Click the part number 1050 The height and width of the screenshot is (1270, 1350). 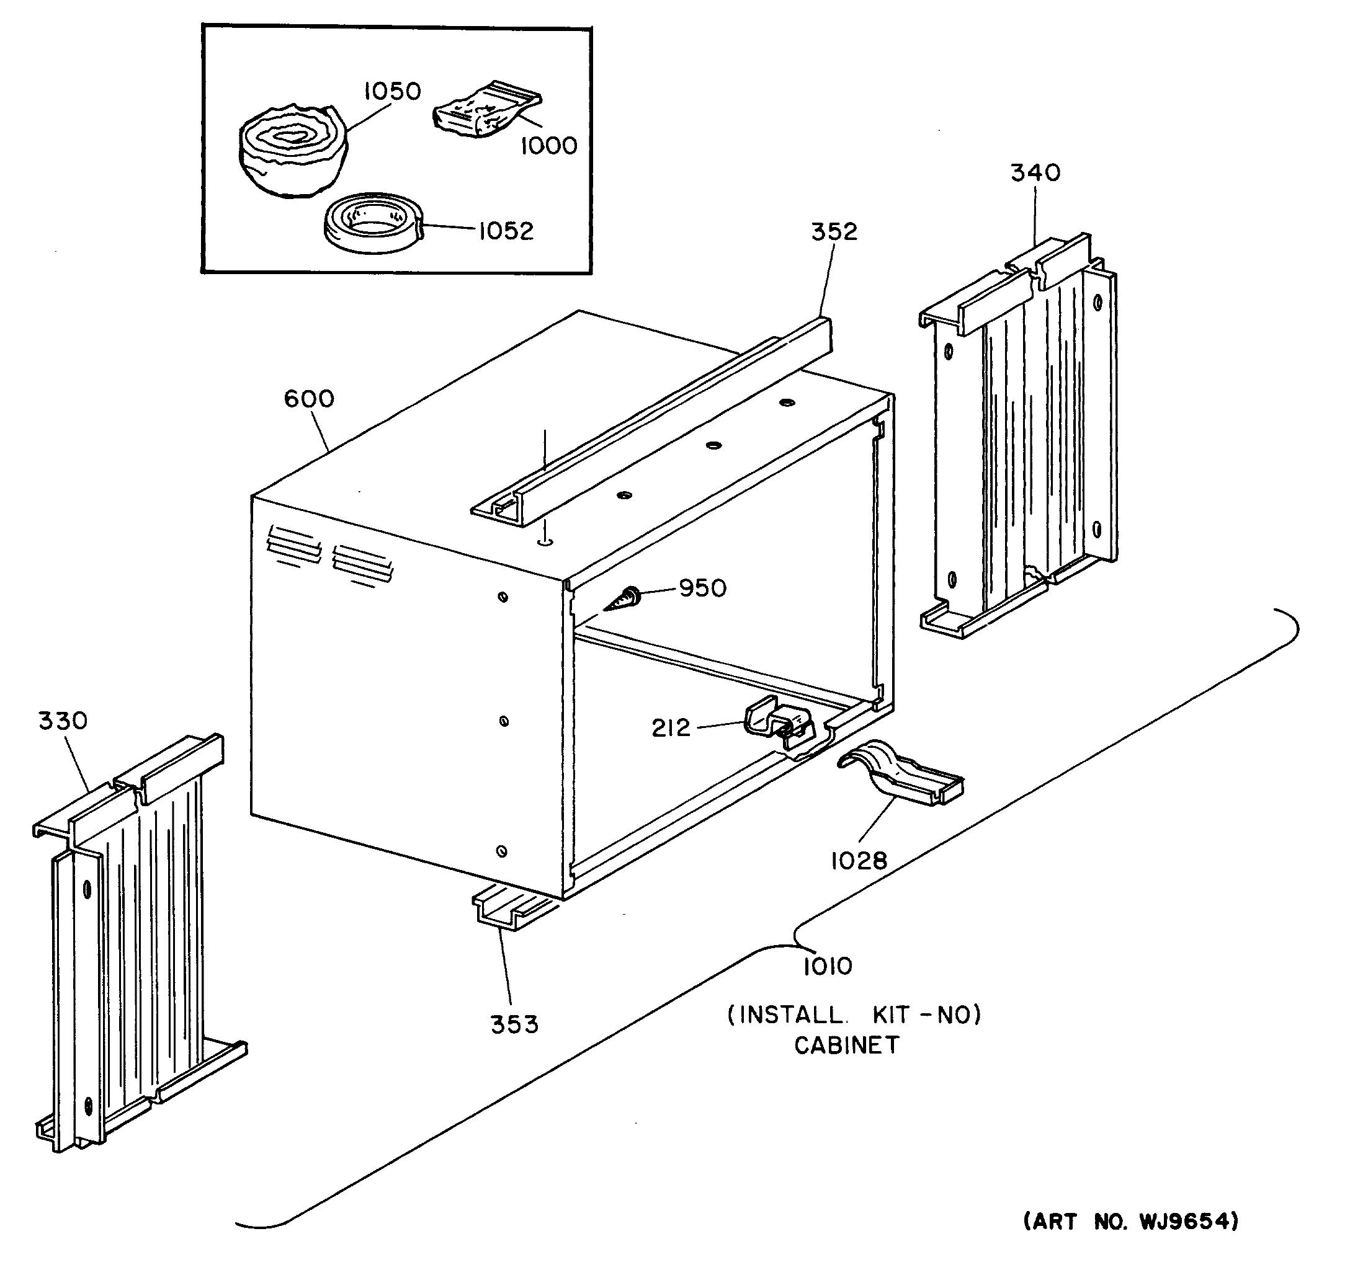click(x=392, y=91)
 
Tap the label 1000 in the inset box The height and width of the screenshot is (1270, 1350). click(x=548, y=145)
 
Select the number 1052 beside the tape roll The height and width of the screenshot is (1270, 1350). click(x=506, y=231)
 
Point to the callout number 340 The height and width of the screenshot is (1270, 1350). click(x=1035, y=173)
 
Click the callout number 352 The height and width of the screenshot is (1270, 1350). click(x=834, y=231)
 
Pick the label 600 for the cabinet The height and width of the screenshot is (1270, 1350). click(x=309, y=399)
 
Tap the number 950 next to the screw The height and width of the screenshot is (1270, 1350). click(x=702, y=588)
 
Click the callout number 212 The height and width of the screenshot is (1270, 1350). click(x=670, y=729)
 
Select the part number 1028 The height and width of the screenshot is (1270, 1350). click(x=859, y=861)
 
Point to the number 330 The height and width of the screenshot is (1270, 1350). click(x=63, y=720)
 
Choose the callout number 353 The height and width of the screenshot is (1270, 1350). click(x=514, y=1024)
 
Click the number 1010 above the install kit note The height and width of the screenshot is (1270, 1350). click(x=827, y=966)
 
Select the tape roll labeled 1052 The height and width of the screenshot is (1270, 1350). click(x=372, y=223)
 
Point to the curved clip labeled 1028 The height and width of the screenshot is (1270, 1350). click(x=900, y=774)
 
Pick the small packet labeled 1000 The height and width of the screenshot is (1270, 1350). click(x=486, y=112)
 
